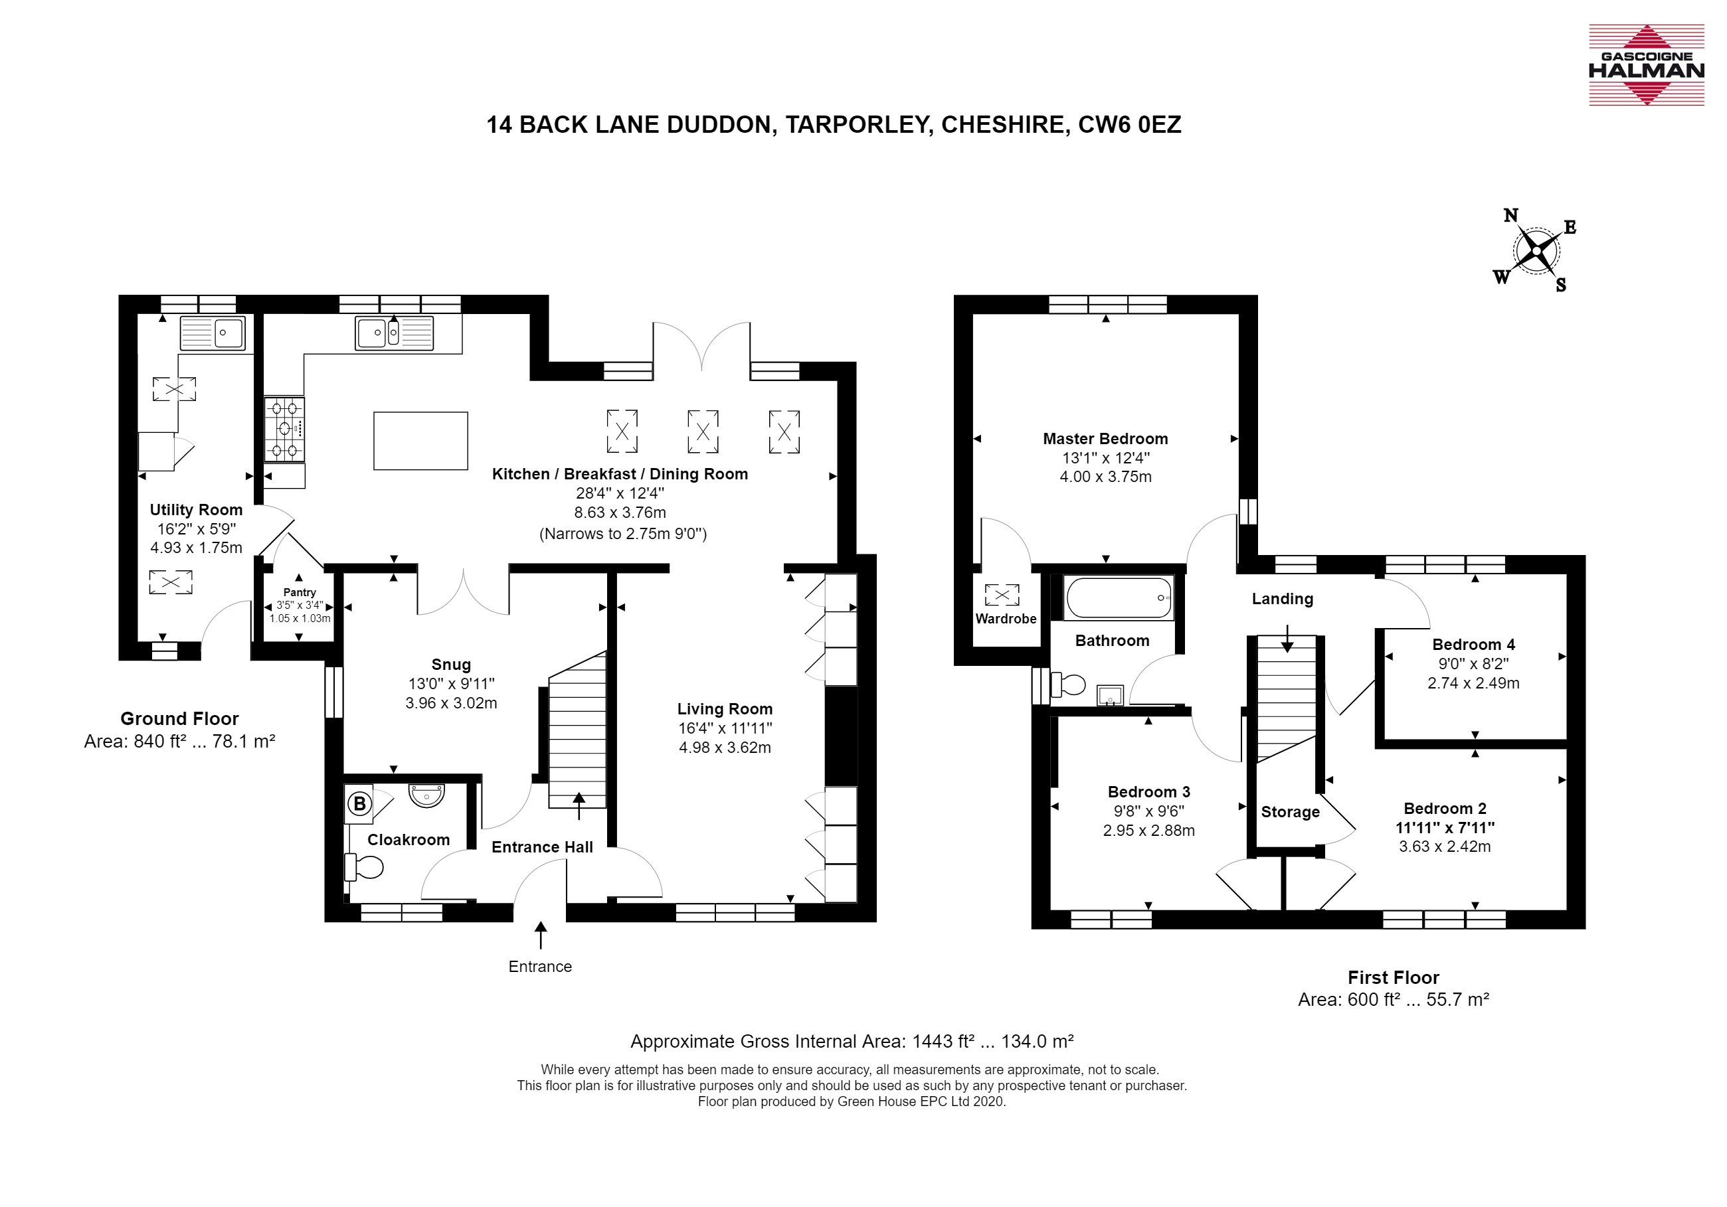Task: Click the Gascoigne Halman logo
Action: pyautogui.click(x=1646, y=64)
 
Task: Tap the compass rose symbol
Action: pyautogui.click(x=1534, y=250)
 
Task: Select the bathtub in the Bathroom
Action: pyautogui.click(x=1119, y=598)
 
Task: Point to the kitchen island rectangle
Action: pyautogui.click(x=420, y=441)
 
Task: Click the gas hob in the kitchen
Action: pyautogui.click(x=284, y=430)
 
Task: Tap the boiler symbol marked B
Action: pyautogui.click(x=359, y=804)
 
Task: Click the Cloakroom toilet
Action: pyautogui.click(x=364, y=867)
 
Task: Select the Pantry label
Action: pyautogui.click(x=300, y=593)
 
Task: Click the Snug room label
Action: pyautogui.click(x=451, y=665)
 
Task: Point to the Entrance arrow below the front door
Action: pyautogui.click(x=541, y=935)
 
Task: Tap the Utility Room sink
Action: pyautogui.click(x=213, y=333)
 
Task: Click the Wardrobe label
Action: pyautogui.click(x=1006, y=619)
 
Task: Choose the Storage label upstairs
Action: pyautogui.click(x=1290, y=812)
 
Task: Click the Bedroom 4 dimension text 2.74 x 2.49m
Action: pyautogui.click(x=1473, y=684)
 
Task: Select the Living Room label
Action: pyautogui.click(x=725, y=709)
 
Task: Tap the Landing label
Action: pyautogui.click(x=1283, y=600)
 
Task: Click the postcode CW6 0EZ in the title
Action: pyautogui.click(x=1130, y=125)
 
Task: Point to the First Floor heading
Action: pyautogui.click(x=1393, y=978)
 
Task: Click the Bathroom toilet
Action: pyautogui.click(x=1068, y=685)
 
